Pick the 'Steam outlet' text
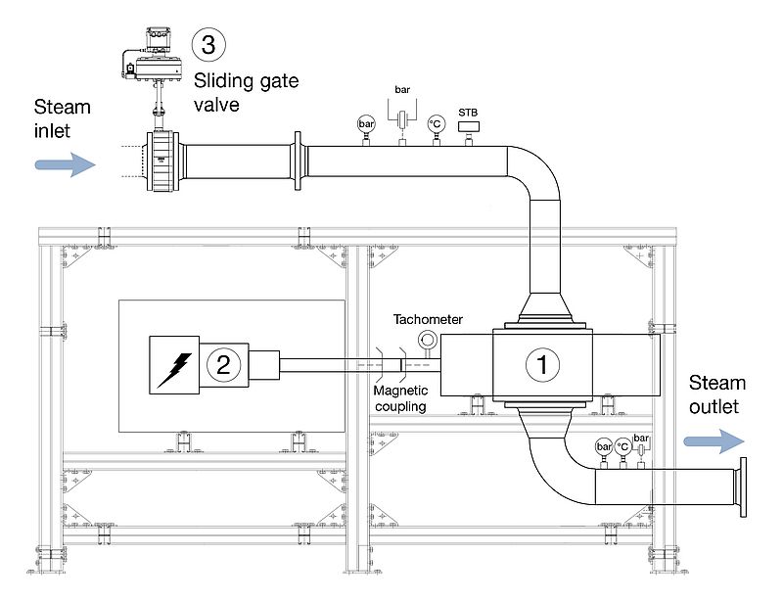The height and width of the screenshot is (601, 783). click(x=716, y=393)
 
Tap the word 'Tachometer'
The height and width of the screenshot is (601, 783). click(x=427, y=319)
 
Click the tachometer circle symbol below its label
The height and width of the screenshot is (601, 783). click(x=427, y=340)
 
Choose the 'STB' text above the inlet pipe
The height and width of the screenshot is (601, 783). click(x=468, y=112)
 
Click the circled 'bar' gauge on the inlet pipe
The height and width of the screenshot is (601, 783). click(x=366, y=125)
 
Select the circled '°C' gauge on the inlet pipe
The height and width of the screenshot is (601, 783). click(x=435, y=125)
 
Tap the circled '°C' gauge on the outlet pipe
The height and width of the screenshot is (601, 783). click(x=622, y=446)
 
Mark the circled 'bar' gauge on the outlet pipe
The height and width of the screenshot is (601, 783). click(x=602, y=446)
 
